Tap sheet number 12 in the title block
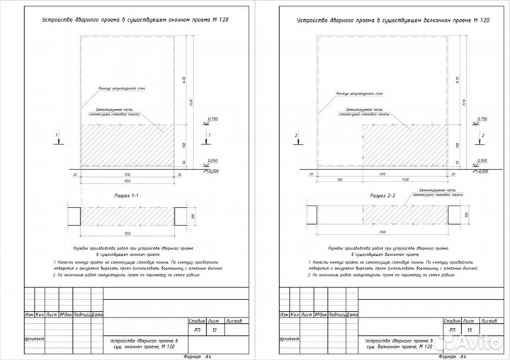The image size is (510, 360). point(215,330)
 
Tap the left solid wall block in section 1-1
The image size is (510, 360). point(74,215)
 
